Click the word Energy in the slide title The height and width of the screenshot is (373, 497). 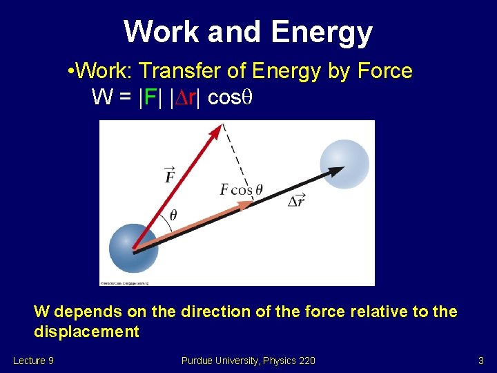(322, 32)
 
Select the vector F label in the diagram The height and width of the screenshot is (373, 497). (170, 175)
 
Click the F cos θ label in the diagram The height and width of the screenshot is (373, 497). (241, 189)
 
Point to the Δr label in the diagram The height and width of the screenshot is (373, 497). (296, 200)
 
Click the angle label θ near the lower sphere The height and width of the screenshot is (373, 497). (173, 215)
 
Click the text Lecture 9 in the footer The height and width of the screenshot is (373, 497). (34, 360)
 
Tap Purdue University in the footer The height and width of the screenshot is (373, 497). (220, 360)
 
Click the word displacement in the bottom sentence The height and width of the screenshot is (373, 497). (86, 332)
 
